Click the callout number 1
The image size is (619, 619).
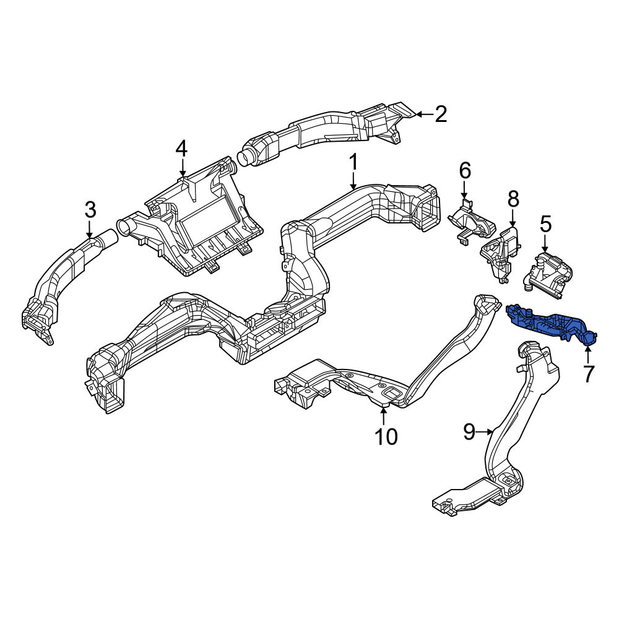pyautogui.click(x=353, y=162)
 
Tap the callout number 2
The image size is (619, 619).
pyautogui.click(x=441, y=114)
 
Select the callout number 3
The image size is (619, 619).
pyautogui.click(x=90, y=210)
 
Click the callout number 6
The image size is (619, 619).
pyautogui.click(x=465, y=171)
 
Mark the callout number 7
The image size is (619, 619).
pyautogui.click(x=588, y=374)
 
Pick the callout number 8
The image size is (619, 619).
pyautogui.click(x=513, y=199)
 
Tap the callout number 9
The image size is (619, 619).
pyautogui.click(x=469, y=431)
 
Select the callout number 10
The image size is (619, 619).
pyautogui.click(x=386, y=436)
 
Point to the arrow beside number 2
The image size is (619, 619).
pyautogui.click(x=425, y=114)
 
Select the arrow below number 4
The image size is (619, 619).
pyautogui.click(x=182, y=167)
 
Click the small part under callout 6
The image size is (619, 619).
pyautogui.click(x=471, y=223)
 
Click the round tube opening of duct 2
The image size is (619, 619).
pyautogui.click(x=246, y=157)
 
